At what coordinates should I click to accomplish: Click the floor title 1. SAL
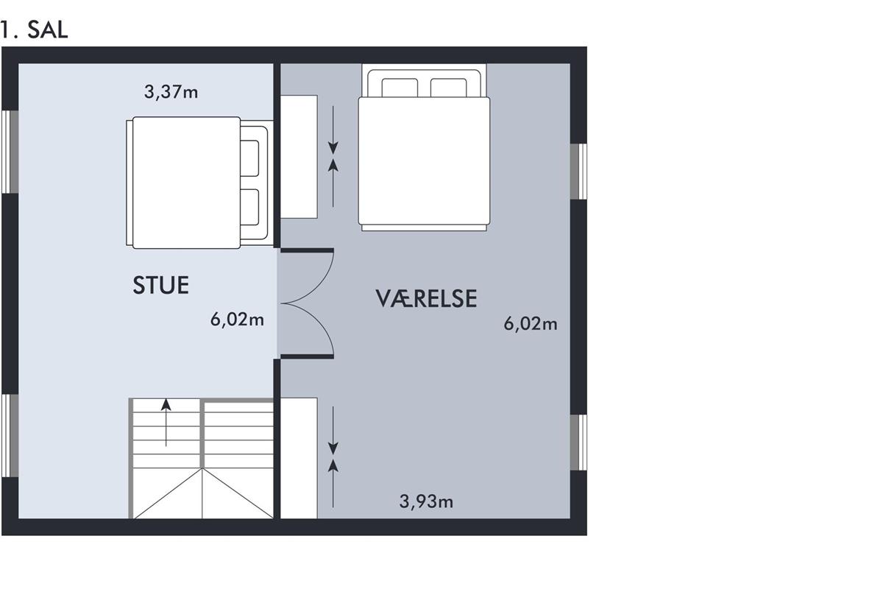tap(35, 30)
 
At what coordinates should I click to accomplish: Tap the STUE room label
tap(161, 285)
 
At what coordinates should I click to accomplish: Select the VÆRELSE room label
tap(426, 299)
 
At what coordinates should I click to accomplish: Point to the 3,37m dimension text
tap(171, 92)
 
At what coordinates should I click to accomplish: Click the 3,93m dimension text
tap(426, 502)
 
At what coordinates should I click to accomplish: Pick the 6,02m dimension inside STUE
tap(237, 320)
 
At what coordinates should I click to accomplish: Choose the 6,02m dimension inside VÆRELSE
tap(531, 324)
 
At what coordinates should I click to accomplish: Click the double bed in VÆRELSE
tap(424, 147)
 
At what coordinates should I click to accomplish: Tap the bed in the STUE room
tap(200, 183)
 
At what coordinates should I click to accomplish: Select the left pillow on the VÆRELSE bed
tap(400, 88)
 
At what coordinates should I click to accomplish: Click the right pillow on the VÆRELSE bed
tap(449, 88)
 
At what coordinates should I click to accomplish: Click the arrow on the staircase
tap(166, 422)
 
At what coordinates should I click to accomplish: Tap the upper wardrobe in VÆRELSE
tap(299, 157)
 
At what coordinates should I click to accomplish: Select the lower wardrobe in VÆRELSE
tap(299, 458)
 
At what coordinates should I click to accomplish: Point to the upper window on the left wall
tap(10, 152)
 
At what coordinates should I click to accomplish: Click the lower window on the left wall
tap(10, 436)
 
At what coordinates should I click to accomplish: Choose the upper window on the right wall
tap(578, 172)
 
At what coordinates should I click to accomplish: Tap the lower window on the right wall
tap(578, 442)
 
